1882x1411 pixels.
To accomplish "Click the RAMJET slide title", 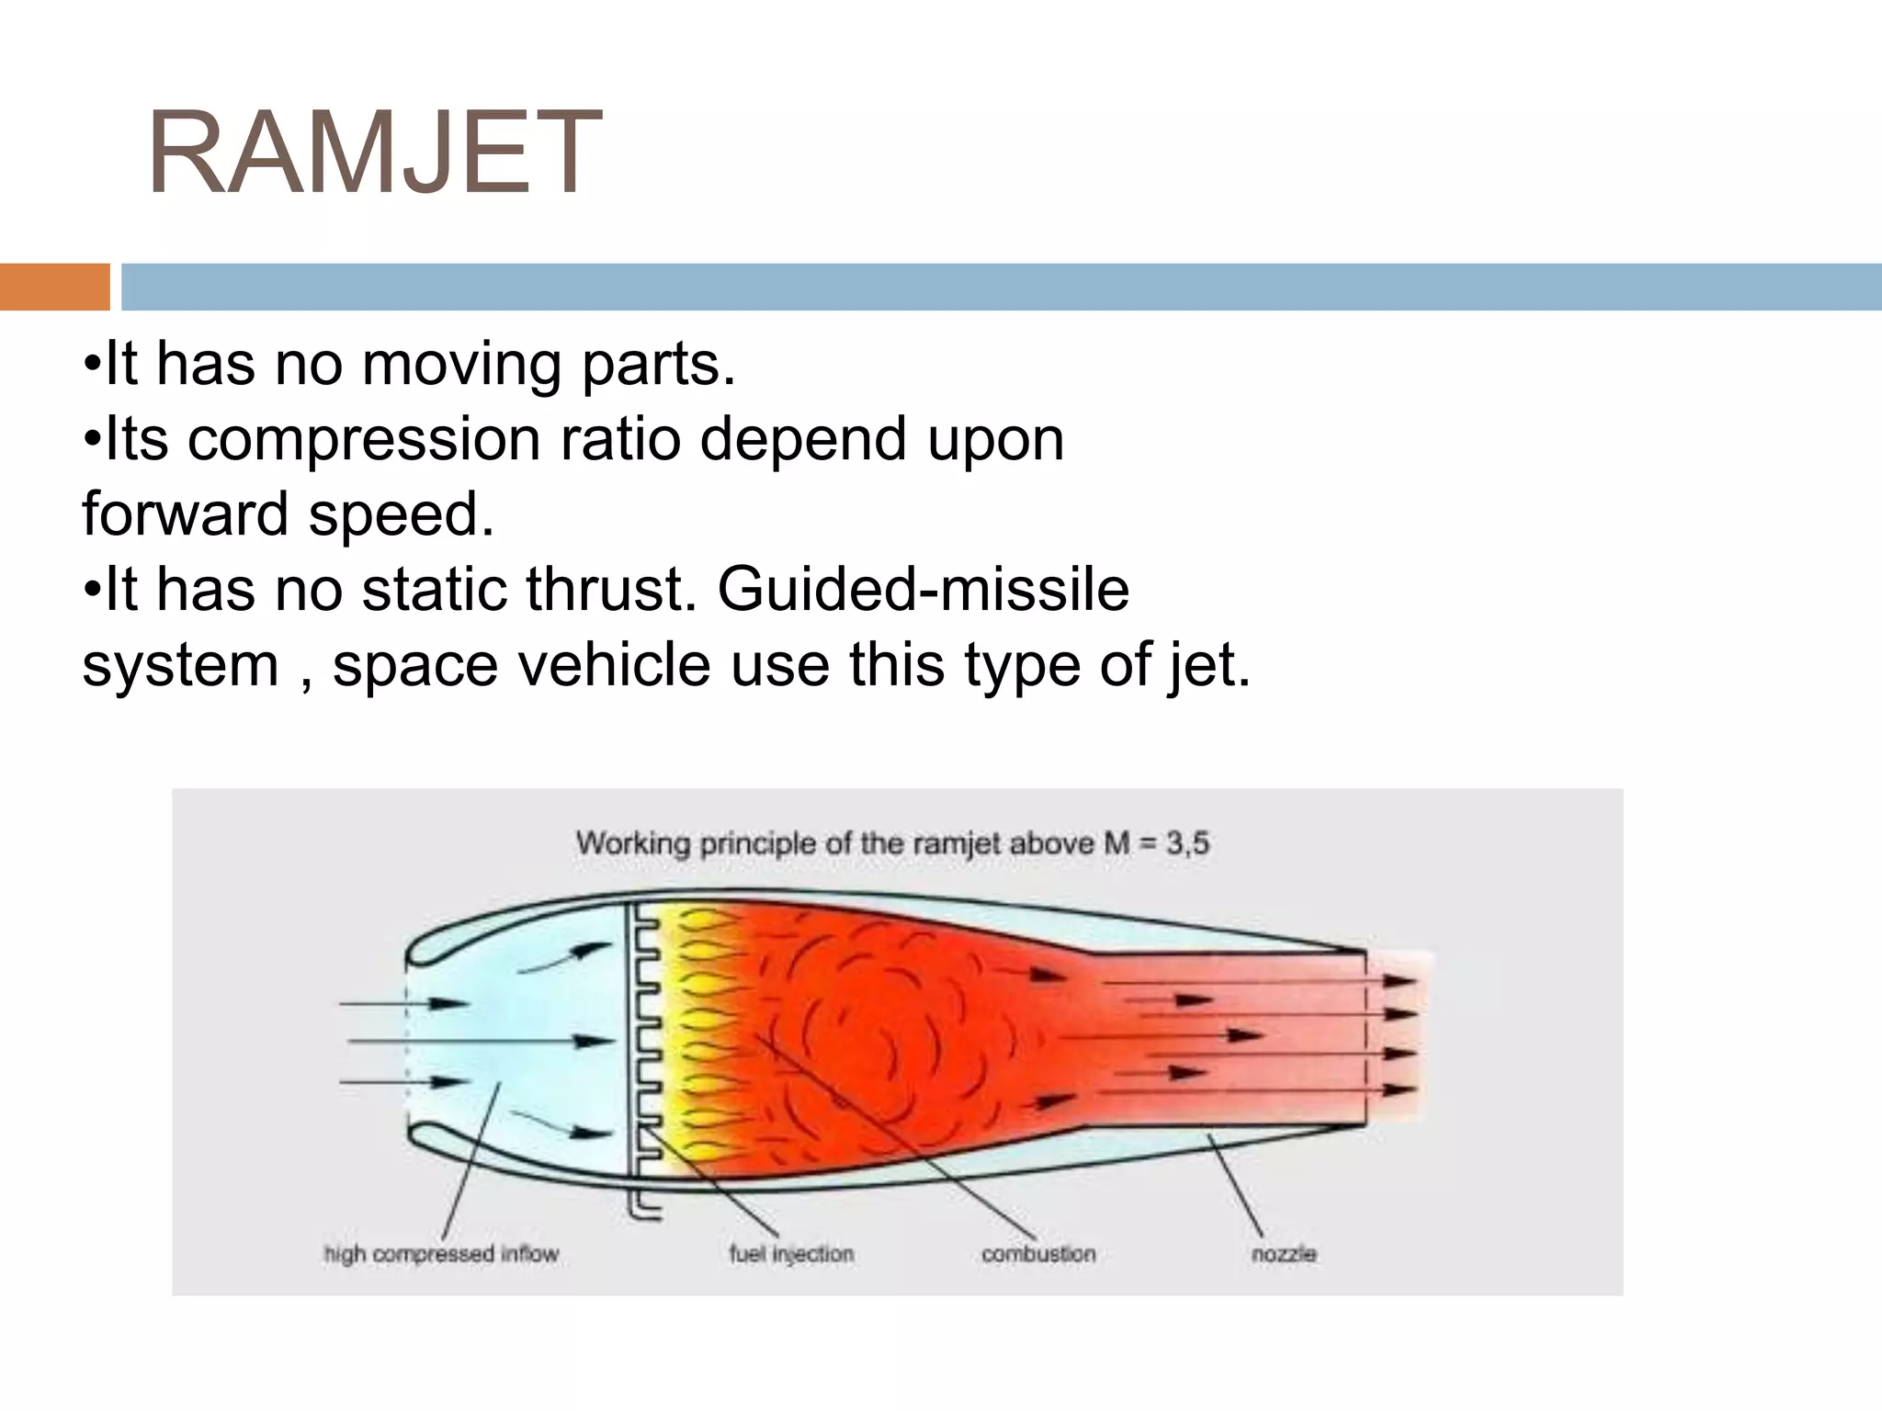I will click(374, 152).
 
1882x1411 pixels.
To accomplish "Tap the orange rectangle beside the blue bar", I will click(54, 287).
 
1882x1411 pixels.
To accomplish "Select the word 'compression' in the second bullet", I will click(364, 439).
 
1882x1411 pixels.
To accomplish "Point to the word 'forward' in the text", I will click(185, 514).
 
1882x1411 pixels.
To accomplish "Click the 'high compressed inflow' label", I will click(441, 1254).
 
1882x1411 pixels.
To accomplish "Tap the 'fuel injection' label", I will click(791, 1254).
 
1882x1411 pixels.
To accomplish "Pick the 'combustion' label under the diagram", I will click(1038, 1254).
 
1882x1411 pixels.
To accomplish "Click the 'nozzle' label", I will click(1283, 1254).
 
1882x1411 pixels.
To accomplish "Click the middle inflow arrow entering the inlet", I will click(478, 1041).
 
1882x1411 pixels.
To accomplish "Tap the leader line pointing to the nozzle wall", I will click(1236, 1185).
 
